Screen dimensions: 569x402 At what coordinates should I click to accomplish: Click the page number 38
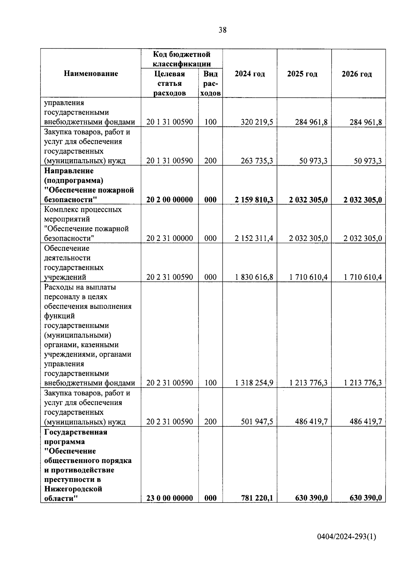coord(222,30)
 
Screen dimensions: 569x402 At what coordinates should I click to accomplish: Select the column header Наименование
coord(91,74)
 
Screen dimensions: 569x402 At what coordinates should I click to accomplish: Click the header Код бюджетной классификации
coord(182,59)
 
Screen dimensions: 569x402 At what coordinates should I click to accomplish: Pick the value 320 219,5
coord(257,122)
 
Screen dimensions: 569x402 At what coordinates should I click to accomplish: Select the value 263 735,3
coord(257,161)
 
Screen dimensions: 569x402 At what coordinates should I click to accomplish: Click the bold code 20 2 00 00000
coord(170,200)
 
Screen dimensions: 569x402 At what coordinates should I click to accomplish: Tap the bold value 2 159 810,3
coord(254,200)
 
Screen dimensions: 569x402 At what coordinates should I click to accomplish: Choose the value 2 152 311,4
coord(254,238)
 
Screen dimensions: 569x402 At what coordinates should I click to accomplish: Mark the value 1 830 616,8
coord(254,277)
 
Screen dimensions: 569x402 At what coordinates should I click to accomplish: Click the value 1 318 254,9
coord(254,383)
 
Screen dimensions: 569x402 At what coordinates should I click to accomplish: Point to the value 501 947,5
coord(257,421)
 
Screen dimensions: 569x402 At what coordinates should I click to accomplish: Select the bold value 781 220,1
coord(257,498)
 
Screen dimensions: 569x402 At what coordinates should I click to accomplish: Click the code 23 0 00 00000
coord(170,498)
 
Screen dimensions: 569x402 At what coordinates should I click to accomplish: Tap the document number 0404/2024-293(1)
coord(346,537)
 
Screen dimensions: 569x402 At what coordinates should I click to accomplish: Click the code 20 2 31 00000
coord(170,238)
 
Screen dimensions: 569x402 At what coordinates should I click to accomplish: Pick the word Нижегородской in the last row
coord(73,489)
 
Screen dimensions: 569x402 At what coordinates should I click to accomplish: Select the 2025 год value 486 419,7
coord(311,421)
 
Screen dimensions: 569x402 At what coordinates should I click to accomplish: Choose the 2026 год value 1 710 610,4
coord(363,277)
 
